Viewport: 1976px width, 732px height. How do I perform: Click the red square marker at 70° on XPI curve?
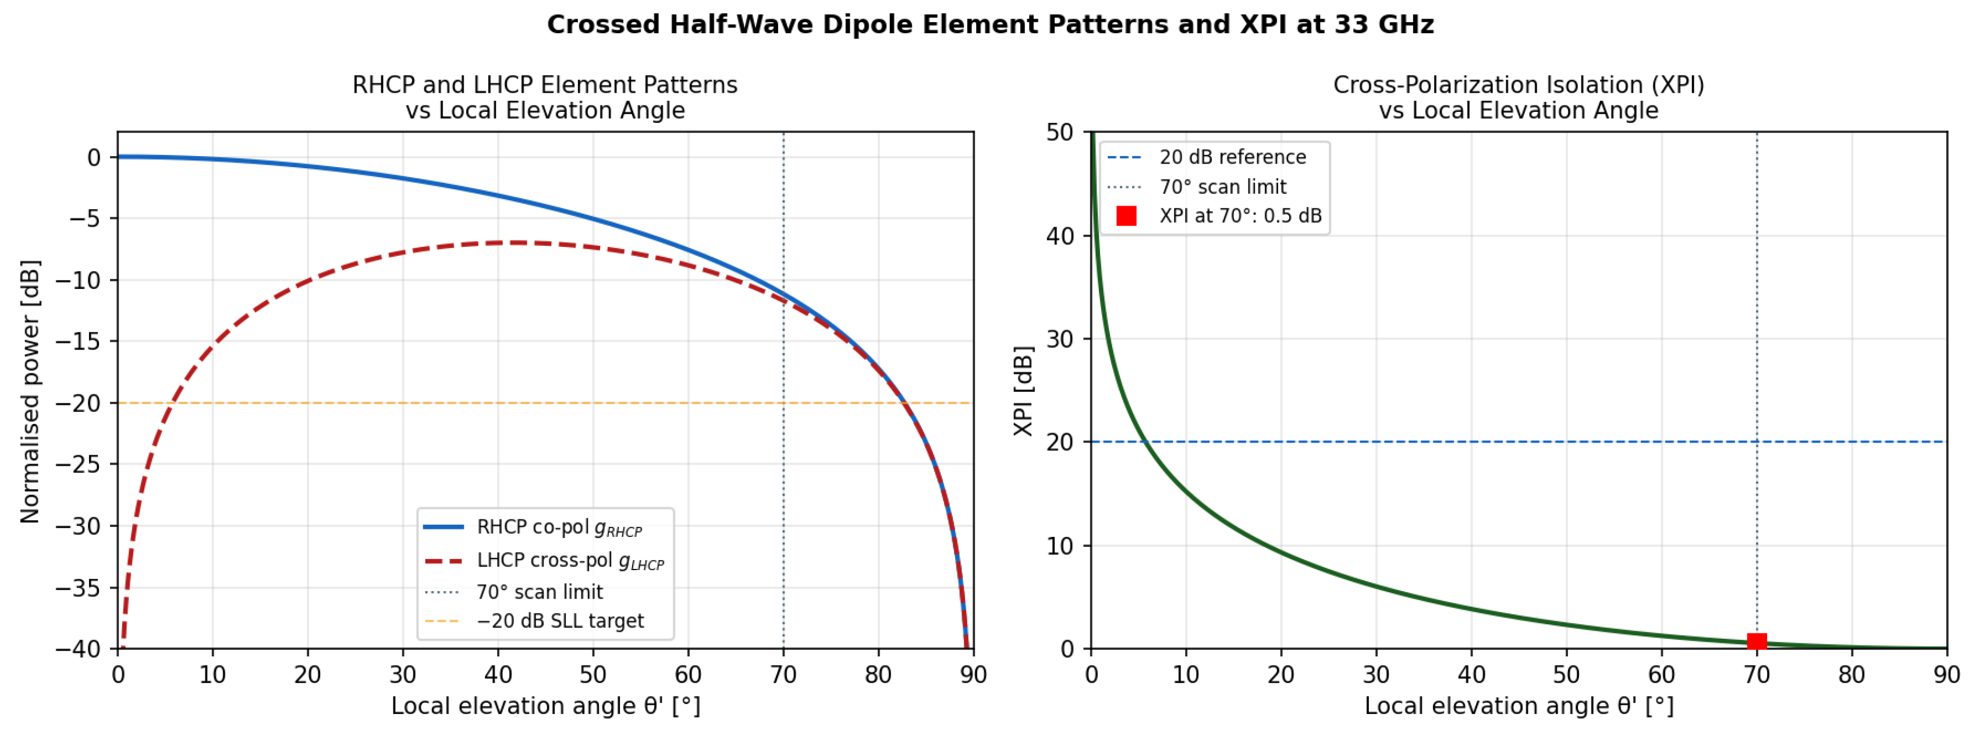[1757, 642]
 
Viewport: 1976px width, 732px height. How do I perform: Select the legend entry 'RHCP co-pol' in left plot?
[533, 527]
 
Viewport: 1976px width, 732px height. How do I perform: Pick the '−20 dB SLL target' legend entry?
[534, 621]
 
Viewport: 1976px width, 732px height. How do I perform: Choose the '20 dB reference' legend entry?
[1207, 157]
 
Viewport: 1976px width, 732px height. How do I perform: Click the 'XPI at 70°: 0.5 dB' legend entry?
[1219, 215]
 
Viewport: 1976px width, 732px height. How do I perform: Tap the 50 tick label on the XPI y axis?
[1059, 132]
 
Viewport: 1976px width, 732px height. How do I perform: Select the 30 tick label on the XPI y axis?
[1059, 338]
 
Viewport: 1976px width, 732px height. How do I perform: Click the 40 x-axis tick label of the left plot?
[498, 674]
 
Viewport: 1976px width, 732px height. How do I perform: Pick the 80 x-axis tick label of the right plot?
[1851, 674]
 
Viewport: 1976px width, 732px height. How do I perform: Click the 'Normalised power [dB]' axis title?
[29, 391]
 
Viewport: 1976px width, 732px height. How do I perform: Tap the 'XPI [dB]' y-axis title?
[1023, 391]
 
